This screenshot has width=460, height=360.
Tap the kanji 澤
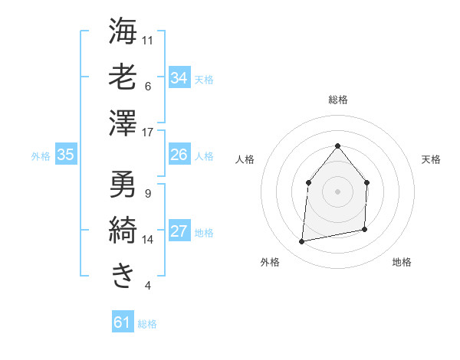pyautogui.click(x=123, y=124)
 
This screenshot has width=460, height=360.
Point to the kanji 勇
pyautogui.click(x=123, y=184)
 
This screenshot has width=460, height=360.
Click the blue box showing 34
pyautogui.click(x=179, y=77)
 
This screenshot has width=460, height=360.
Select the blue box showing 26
pyautogui.click(x=179, y=155)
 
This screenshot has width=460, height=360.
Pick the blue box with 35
pyautogui.click(x=65, y=155)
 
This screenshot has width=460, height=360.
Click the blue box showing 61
pyautogui.click(x=123, y=322)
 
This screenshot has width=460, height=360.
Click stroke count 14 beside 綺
pyautogui.click(x=148, y=240)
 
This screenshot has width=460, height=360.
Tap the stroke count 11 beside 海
pyautogui.click(x=148, y=39)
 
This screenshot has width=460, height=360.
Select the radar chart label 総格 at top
pyautogui.click(x=337, y=100)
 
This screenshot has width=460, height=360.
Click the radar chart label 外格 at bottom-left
pyautogui.click(x=270, y=262)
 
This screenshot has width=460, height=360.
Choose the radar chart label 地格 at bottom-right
pyautogui.click(x=402, y=262)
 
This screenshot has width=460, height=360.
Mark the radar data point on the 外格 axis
pyautogui.click(x=302, y=242)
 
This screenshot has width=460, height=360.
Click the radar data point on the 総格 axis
pyautogui.click(x=337, y=146)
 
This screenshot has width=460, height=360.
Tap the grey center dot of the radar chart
pyautogui.click(x=337, y=191)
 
